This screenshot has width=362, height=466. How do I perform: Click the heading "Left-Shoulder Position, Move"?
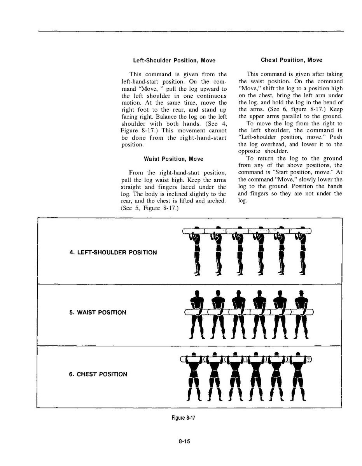pyautogui.click(x=174, y=61)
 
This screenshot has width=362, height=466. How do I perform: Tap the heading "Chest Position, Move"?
pyautogui.click(x=291, y=60)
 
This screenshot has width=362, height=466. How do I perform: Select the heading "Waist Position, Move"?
pyautogui.click(x=173, y=159)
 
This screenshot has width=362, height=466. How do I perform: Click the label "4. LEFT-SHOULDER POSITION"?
pyautogui.click(x=113, y=252)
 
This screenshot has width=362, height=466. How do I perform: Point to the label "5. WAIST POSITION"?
pyautogui.click(x=98, y=312)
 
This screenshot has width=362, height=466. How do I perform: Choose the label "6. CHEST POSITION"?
pyautogui.click(x=98, y=374)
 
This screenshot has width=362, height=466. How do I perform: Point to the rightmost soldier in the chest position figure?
pyautogui.click(x=298, y=376)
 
